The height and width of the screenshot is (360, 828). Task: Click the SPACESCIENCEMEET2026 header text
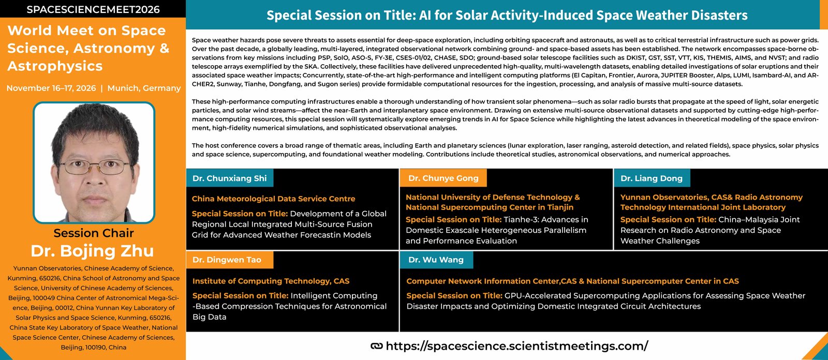click(x=93, y=9)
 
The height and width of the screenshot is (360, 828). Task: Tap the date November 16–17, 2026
click(x=51, y=88)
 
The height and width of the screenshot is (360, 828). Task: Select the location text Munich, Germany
click(x=144, y=88)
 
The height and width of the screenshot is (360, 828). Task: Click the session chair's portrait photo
click(x=94, y=162)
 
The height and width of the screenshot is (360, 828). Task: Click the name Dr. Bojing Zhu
click(x=93, y=250)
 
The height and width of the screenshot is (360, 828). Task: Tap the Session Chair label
click(x=94, y=233)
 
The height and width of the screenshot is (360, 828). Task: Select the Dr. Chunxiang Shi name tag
click(x=230, y=178)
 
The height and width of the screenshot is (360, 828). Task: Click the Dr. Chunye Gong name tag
click(x=443, y=178)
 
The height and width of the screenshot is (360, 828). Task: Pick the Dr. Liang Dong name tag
click(x=652, y=178)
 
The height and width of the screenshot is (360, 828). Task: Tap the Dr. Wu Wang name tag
click(x=436, y=260)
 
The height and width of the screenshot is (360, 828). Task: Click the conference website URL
click(x=517, y=346)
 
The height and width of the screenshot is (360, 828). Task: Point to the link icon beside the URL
click(x=377, y=346)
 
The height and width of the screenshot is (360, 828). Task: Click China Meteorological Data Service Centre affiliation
click(x=274, y=199)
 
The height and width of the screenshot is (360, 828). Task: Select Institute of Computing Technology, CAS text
click(x=271, y=281)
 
